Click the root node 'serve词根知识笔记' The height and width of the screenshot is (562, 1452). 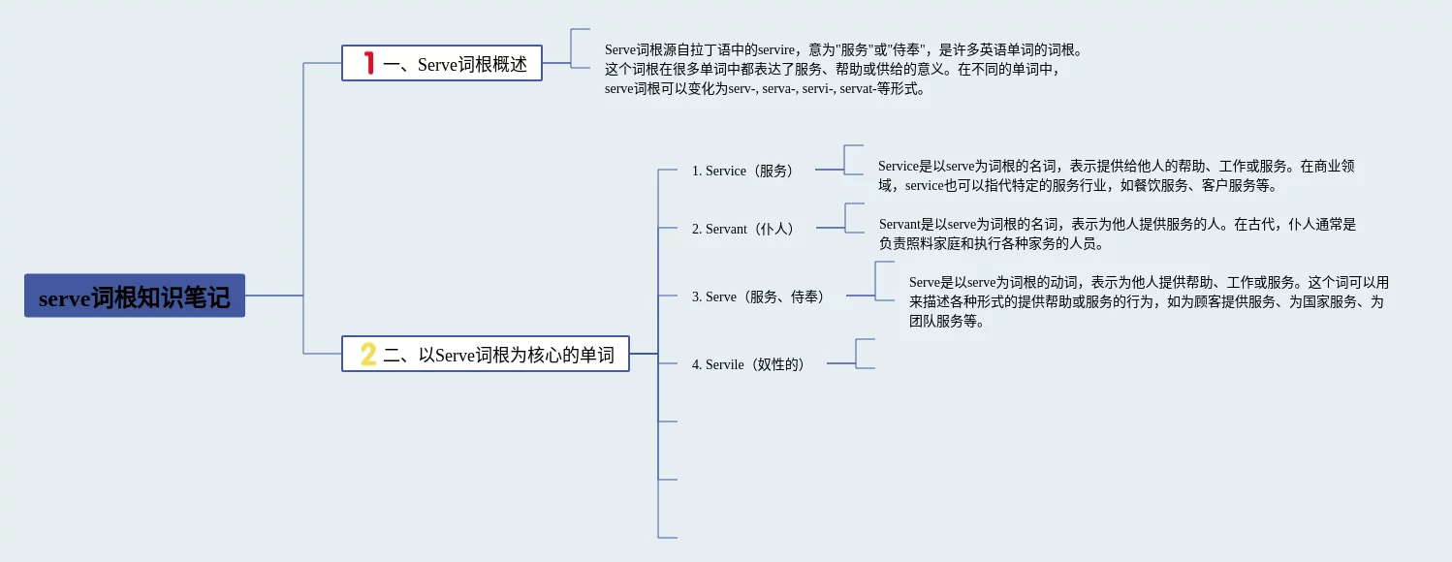point(135,296)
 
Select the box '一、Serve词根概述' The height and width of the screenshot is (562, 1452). point(442,63)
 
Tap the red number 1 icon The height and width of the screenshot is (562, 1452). point(368,63)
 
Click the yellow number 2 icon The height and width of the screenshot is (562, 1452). point(368,354)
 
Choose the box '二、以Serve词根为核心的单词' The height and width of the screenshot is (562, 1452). point(486,354)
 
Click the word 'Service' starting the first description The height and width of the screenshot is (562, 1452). point(898,166)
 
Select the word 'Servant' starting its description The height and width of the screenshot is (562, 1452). point(900,224)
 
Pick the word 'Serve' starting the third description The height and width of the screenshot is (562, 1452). point(925,282)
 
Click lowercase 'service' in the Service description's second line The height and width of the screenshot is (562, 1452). point(924,185)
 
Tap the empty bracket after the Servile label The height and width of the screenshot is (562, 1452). point(865,354)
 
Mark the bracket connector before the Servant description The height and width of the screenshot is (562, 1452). point(854,218)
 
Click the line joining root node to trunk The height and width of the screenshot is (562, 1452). point(274,296)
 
